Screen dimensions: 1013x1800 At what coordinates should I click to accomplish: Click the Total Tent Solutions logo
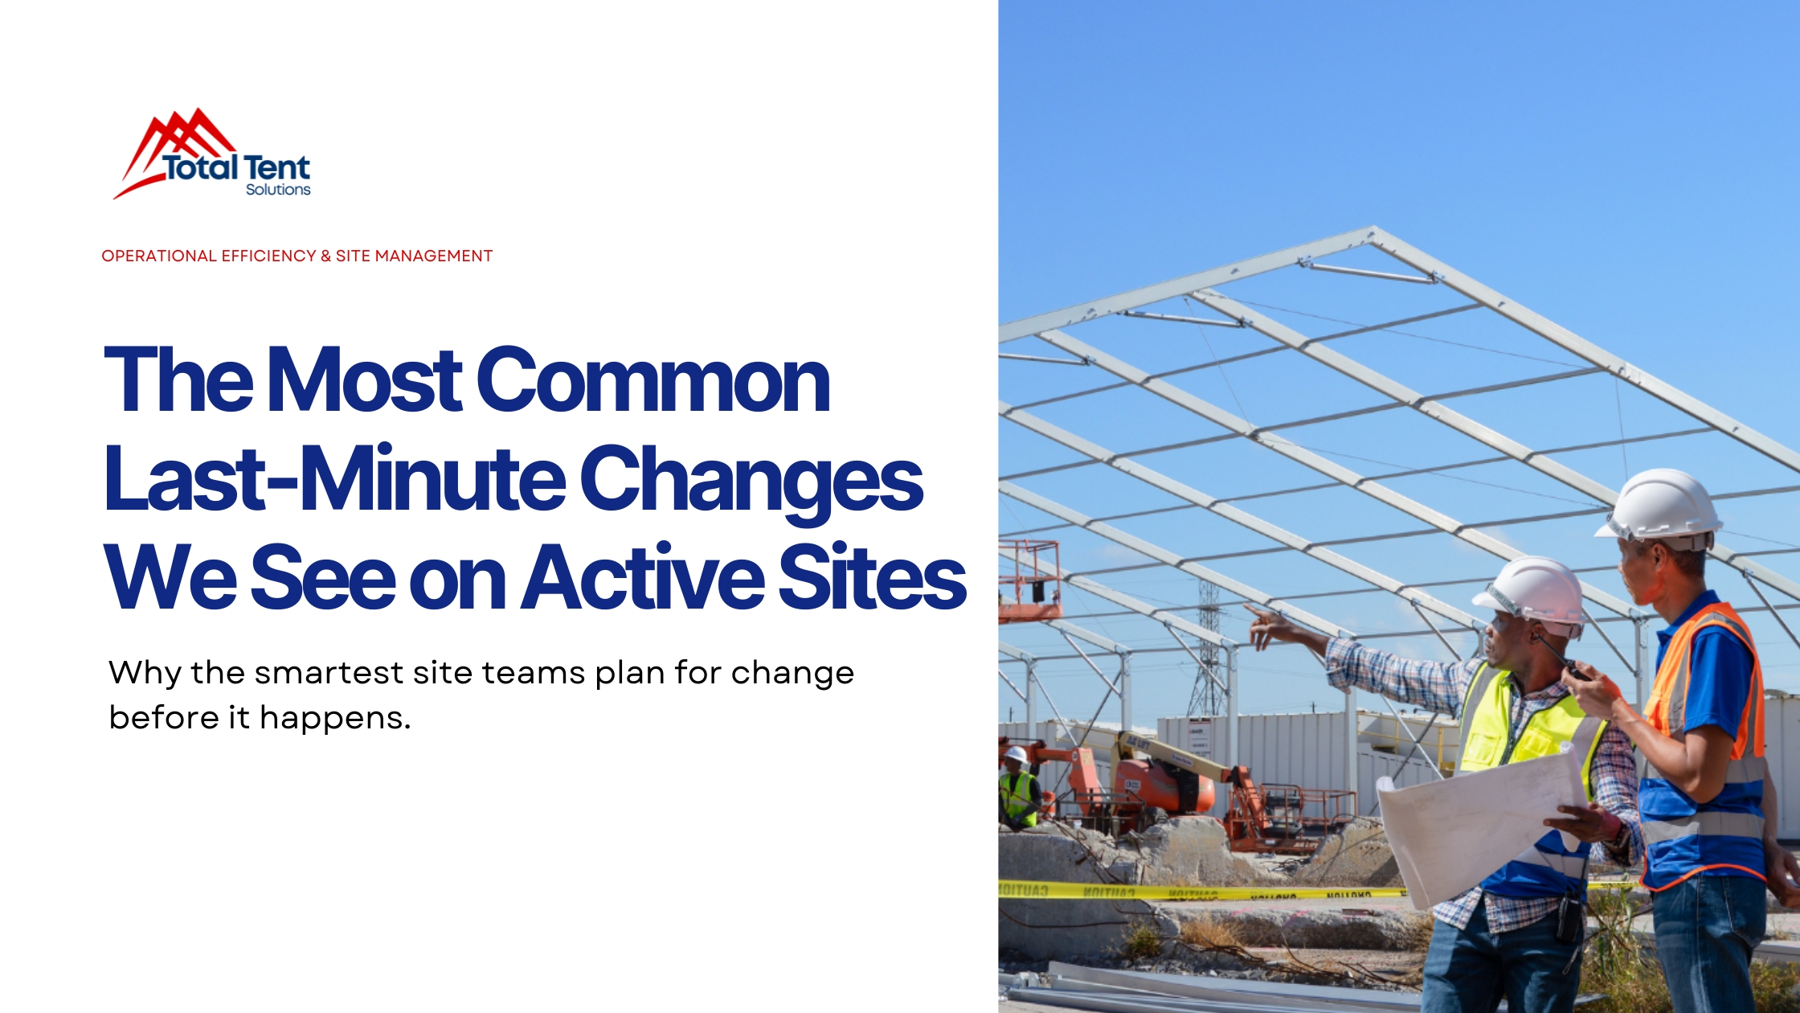(213, 155)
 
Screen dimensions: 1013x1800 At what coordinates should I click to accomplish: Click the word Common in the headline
(652, 381)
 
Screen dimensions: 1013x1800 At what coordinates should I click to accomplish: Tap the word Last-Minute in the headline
(334, 481)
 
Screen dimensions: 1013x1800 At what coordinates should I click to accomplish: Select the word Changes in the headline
(751, 481)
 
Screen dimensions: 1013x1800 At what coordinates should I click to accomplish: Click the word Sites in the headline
(871, 577)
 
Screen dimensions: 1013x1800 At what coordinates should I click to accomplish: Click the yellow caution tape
(1205, 892)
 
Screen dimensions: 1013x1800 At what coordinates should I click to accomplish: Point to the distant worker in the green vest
(1017, 792)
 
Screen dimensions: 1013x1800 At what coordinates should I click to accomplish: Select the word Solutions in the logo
(278, 190)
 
